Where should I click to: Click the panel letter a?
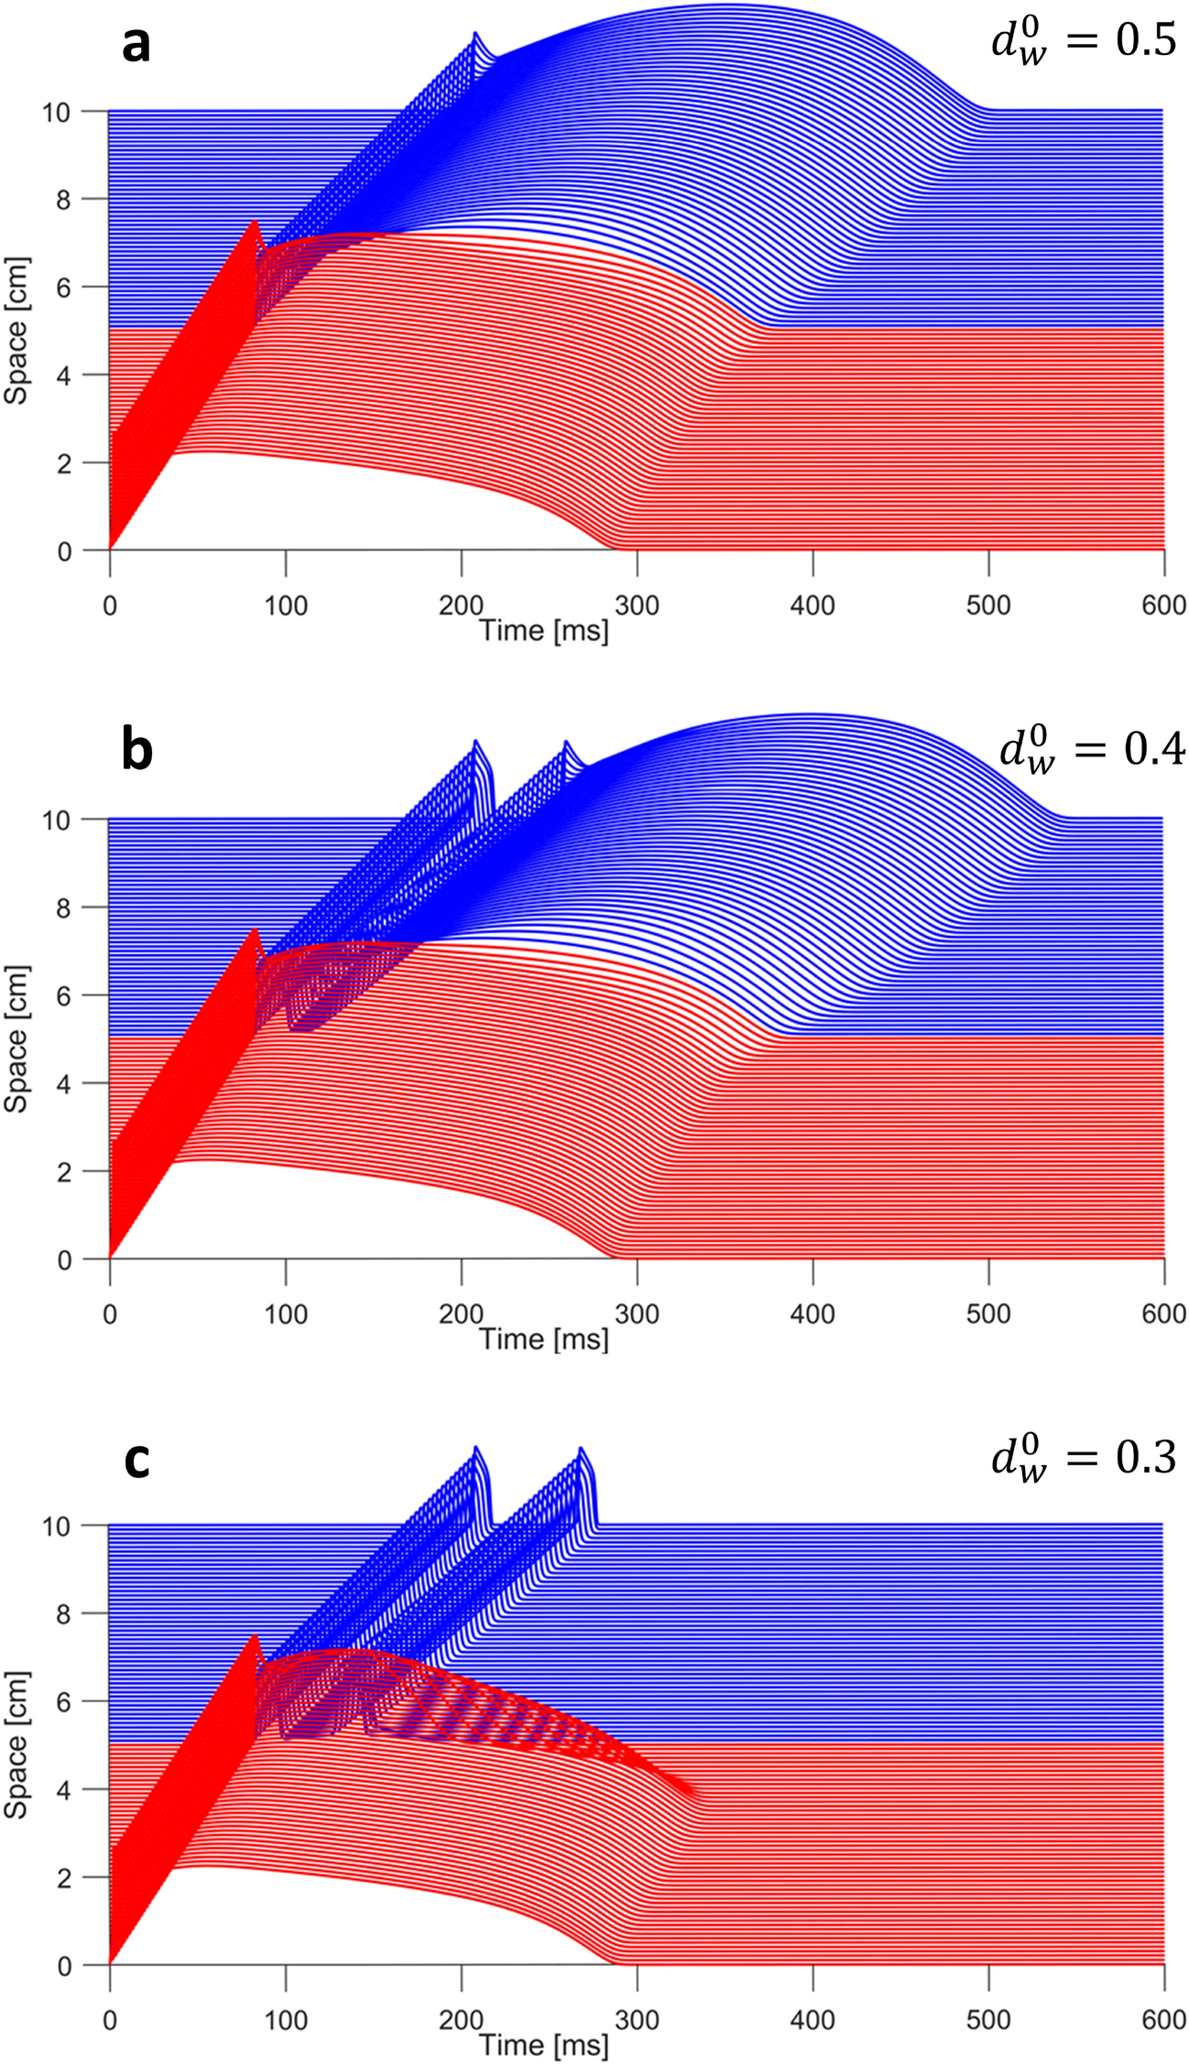pos(136,44)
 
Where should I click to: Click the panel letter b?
pos(136,750)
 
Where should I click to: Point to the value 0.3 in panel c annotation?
pos(1145,1456)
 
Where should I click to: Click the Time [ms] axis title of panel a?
pos(544,630)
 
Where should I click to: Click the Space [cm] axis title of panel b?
pos(16,1038)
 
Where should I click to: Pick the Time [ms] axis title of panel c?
pos(544,2044)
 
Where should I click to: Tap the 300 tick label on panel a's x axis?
pos(637,605)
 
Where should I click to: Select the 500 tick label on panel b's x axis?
pos(988,1313)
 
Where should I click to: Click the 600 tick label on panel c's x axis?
pos(1163,2020)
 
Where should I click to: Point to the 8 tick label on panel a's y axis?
pos(63,200)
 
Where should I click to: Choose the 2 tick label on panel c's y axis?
pos(63,1877)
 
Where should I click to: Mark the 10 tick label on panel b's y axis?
pos(56,821)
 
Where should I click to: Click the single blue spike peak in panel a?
pos(475,33)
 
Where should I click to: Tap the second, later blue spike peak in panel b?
pos(566,742)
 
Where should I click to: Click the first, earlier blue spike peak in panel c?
pos(475,1447)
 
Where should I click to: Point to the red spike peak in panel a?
pos(255,221)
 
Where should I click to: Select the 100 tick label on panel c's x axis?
pos(286,2020)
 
